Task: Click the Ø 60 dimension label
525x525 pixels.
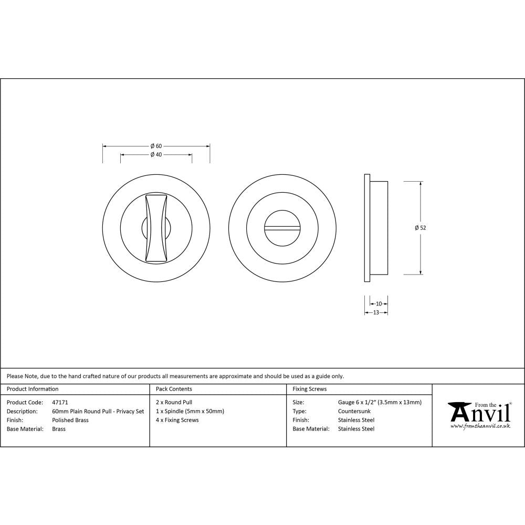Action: point(155,146)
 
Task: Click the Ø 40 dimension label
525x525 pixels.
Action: point(155,155)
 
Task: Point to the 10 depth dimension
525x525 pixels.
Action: point(379,303)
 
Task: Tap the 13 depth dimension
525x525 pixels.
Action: point(376,312)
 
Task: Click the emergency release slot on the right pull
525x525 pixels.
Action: point(282,228)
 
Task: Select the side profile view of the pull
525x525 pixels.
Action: point(376,228)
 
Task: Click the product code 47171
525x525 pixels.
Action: point(60,402)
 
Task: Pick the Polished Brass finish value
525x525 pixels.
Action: point(70,420)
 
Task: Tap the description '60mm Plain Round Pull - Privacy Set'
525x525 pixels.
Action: point(98,411)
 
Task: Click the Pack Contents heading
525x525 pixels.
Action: point(174,389)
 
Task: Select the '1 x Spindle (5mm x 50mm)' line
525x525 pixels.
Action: point(190,411)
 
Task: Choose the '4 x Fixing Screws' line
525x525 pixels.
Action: point(177,420)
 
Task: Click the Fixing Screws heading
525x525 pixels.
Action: point(309,389)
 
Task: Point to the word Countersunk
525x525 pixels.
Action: point(354,411)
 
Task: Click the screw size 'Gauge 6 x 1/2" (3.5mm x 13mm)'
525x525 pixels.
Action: point(380,402)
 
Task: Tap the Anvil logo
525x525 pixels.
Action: point(479,413)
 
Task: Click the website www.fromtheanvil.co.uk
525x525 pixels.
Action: point(480,426)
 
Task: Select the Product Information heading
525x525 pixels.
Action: point(33,389)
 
